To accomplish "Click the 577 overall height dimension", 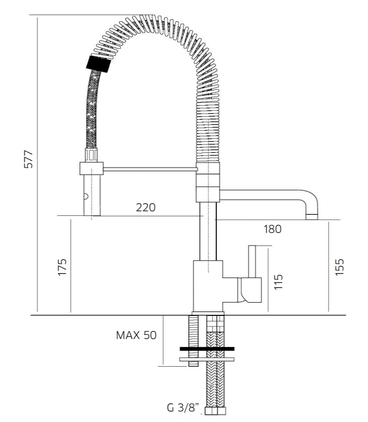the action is tap(28, 159).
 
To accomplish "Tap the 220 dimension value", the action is tap(145, 208).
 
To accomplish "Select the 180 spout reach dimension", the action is tap(272, 229).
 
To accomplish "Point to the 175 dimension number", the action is tap(62, 267).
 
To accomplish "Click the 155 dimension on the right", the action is tap(339, 267).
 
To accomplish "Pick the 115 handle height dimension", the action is tap(278, 282).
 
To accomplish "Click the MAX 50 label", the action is tap(136, 335).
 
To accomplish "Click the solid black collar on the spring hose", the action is tap(99, 64).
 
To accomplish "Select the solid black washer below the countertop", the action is tap(207, 349).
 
